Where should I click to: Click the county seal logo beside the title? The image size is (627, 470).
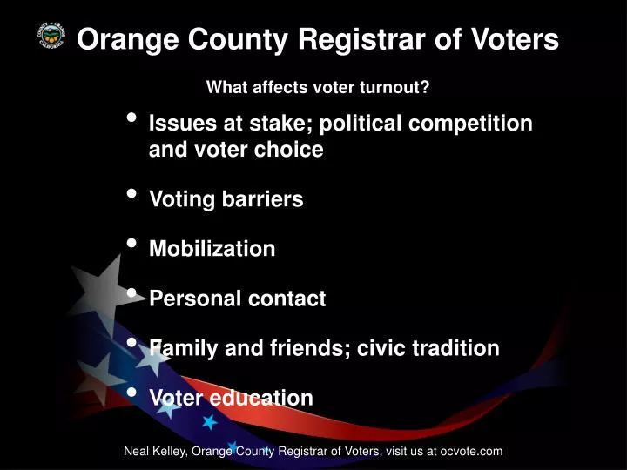pyautogui.click(x=49, y=37)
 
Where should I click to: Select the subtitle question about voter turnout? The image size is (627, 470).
pyautogui.click(x=318, y=87)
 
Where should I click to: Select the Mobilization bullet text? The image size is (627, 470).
pyautogui.click(x=212, y=249)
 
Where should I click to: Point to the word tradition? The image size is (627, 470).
pyautogui.click(x=454, y=348)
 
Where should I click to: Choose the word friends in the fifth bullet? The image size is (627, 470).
pyautogui.click(x=287, y=348)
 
